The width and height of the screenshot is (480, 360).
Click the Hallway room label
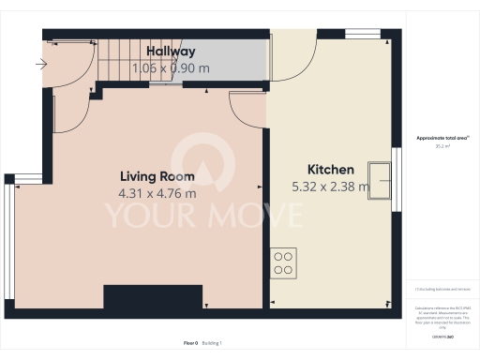click(x=170, y=52)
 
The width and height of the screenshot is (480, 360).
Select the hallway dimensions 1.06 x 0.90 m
click(x=170, y=67)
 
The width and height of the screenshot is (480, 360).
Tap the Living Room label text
click(x=157, y=176)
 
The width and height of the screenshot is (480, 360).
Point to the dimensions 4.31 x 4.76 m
click(x=157, y=194)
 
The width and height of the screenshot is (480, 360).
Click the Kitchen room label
click(x=331, y=170)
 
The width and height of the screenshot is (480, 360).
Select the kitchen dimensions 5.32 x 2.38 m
click(x=331, y=187)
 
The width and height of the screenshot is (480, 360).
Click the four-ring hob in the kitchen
click(x=283, y=260)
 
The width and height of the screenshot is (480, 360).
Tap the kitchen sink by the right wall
click(x=381, y=177)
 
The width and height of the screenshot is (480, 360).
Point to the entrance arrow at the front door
click(x=39, y=65)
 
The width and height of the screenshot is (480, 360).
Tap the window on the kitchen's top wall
click(x=362, y=35)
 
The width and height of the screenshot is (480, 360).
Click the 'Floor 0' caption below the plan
click(x=190, y=343)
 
